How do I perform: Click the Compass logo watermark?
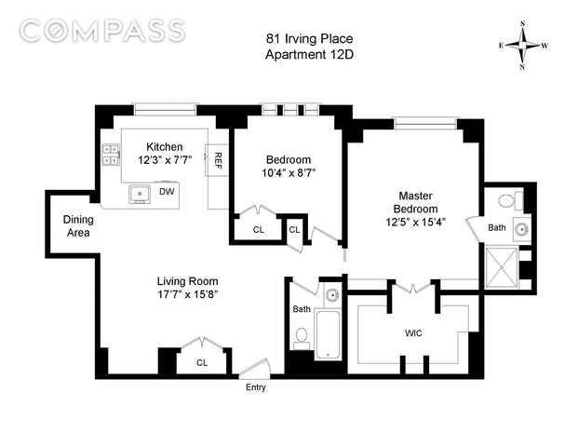click(x=101, y=30)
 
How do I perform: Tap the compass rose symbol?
click(x=523, y=46)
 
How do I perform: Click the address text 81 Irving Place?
click(x=309, y=39)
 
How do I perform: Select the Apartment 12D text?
click(x=309, y=55)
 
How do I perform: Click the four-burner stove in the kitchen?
click(x=111, y=155)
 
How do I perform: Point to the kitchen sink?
click(x=140, y=194)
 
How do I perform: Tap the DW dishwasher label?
click(x=167, y=192)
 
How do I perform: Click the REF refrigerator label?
click(x=218, y=160)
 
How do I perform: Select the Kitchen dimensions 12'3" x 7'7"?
click(x=165, y=160)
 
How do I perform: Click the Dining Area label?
click(x=78, y=226)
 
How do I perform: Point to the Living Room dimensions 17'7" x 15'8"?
click(x=188, y=294)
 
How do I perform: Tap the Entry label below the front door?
click(x=256, y=387)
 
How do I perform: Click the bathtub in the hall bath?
click(x=328, y=335)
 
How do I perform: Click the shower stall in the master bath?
click(x=502, y=267)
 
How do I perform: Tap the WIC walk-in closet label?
click(x=413, y=333)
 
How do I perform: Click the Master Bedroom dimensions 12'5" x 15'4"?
click(x=416, y=222)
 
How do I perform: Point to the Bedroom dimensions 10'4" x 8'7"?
click(x=289, y=173)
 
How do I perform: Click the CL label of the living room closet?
click(x=202, y=363)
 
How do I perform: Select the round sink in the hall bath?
click(x=333, y=295)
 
